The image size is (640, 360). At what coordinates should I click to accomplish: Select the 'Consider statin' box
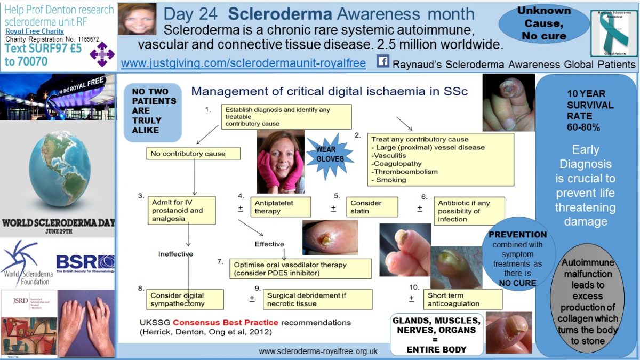(371, 207)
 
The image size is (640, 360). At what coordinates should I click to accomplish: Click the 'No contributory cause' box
(193, 154)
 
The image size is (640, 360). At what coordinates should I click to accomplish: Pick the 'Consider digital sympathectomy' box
(185, 299)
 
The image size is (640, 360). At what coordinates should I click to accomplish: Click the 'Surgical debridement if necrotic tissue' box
(317, 299)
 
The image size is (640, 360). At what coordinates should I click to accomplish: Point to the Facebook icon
(383, 62)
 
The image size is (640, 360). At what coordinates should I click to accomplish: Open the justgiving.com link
(243, 63)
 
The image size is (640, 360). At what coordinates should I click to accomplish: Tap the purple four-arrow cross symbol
(102, 54)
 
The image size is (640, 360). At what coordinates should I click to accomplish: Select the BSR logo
(85, 262)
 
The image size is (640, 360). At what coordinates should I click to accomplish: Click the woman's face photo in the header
(137, 19)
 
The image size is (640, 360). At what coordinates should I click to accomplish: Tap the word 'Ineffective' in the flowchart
(175, 254)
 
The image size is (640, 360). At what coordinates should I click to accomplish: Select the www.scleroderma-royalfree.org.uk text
(318, 351)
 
